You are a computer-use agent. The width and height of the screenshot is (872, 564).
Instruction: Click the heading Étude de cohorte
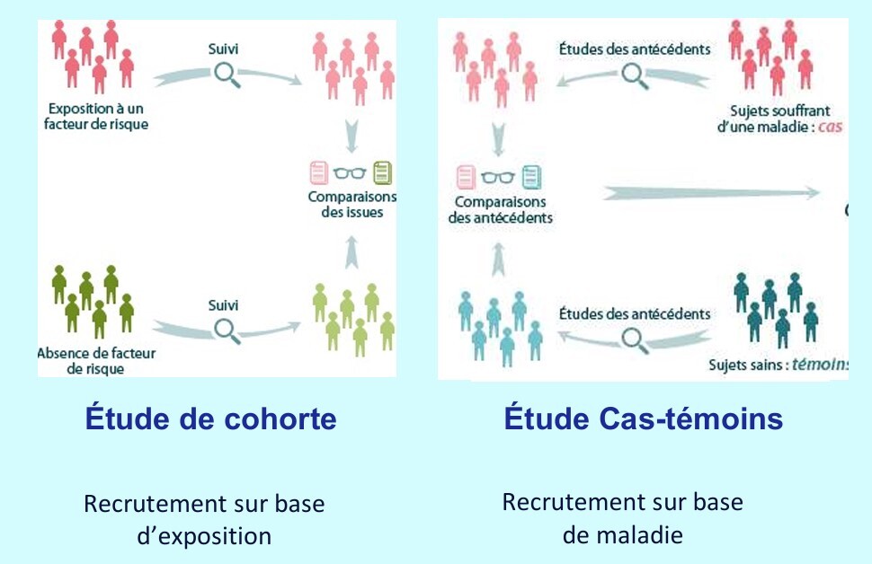(210, 419)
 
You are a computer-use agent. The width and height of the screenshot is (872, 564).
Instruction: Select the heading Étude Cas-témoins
(643, 419)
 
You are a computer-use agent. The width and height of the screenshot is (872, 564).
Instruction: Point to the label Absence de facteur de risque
(96, 360)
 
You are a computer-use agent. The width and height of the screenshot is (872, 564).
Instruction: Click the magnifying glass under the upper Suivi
(227, 75)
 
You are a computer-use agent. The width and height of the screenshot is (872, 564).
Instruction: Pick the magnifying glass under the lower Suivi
(227, 330)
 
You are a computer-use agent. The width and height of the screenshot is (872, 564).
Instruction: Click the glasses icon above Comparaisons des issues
(351, 172)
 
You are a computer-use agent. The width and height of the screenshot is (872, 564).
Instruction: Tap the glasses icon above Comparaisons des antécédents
(497, 176)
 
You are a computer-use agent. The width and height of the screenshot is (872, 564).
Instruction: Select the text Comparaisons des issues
(351, 204)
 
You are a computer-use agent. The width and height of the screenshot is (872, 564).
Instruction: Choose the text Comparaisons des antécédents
(503, 210)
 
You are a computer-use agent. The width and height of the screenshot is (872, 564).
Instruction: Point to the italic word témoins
(821, 366)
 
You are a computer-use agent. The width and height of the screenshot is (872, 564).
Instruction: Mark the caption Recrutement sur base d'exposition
(204, 519)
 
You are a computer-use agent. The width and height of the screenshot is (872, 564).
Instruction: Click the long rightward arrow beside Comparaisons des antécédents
(711, 192)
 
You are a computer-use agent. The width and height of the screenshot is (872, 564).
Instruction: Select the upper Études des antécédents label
(635, 49)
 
